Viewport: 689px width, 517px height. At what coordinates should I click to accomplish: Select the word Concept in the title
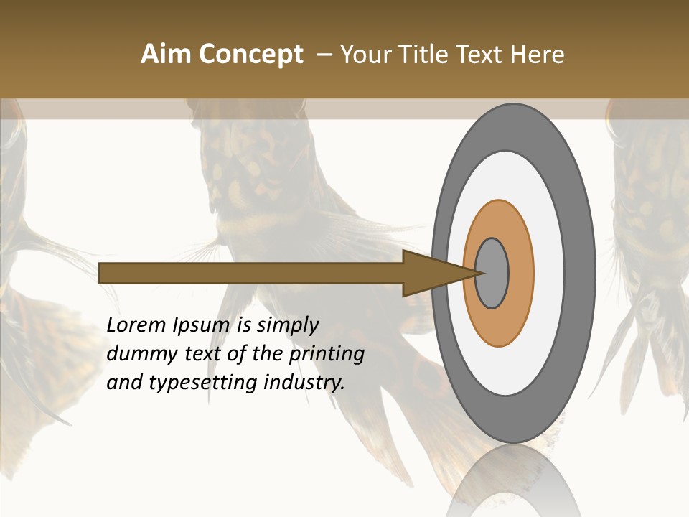click(250, 55)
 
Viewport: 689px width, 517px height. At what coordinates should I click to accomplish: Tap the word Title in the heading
click(424, 55)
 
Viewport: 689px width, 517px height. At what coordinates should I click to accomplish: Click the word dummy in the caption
click(137, 354)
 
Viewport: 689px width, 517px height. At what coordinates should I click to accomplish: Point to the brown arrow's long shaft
click(251, 273)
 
